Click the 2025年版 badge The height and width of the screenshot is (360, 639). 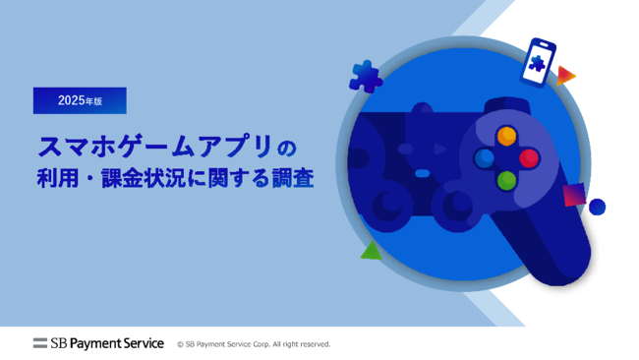coord(80,100)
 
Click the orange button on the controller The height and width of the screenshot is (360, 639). coord(506,136)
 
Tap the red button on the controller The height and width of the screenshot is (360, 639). coord(529,157)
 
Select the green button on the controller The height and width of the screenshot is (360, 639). coord(506,180)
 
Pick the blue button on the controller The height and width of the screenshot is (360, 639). coord(484,157)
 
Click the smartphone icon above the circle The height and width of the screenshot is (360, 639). coord(540,62)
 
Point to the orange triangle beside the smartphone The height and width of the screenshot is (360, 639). coord(565,75)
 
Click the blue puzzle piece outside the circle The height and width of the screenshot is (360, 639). coord(366,76)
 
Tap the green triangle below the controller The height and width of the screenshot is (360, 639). coord(371,251)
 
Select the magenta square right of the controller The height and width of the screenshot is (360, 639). coord(574,195)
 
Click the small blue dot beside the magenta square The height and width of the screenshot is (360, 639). coord(597,207)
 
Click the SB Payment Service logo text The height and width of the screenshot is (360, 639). coord(107,343)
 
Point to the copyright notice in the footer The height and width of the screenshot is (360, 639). coord(254,344)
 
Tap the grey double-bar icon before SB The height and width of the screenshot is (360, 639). coord(40,343)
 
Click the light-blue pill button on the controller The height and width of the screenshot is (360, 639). coord(423,173)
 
